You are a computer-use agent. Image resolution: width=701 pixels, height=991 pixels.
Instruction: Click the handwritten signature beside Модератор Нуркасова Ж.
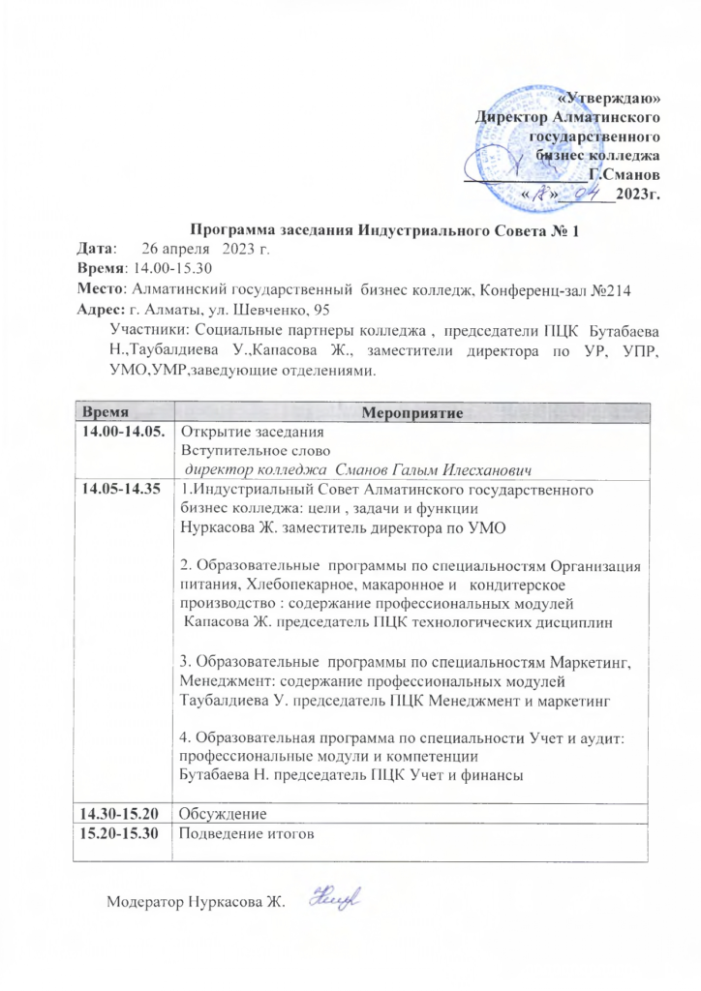click(332, 899)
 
